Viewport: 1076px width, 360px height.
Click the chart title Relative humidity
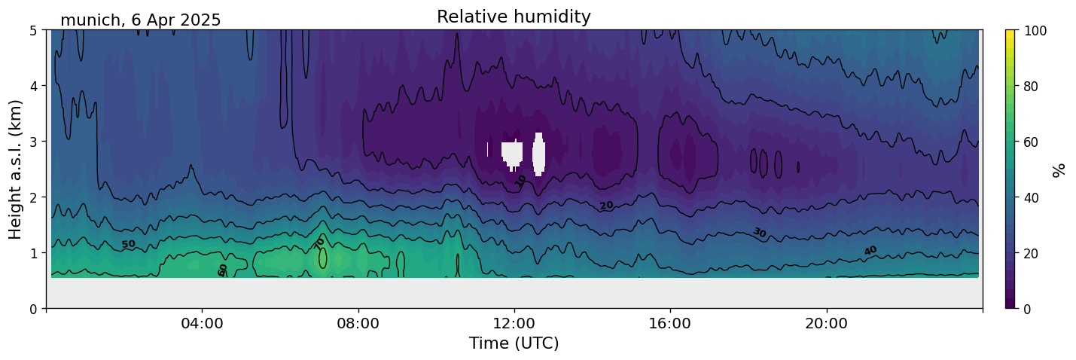click(x=514, y=17)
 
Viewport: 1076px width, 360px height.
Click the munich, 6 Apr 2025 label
click(x=140, y=20)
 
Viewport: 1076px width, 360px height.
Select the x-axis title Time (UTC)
click(x=514, y=343)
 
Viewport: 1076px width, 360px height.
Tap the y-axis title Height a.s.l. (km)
click(x=15, y=169)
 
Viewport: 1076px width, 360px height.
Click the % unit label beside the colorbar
click(x=1059, y=169)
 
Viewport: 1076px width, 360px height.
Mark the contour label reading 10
click(x=521, y=181)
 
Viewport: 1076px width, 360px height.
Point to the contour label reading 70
click(x=319, y=243)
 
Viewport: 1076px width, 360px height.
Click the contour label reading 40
click(x=870, y=250)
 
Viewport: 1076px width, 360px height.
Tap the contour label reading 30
click(x=759, y=233)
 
